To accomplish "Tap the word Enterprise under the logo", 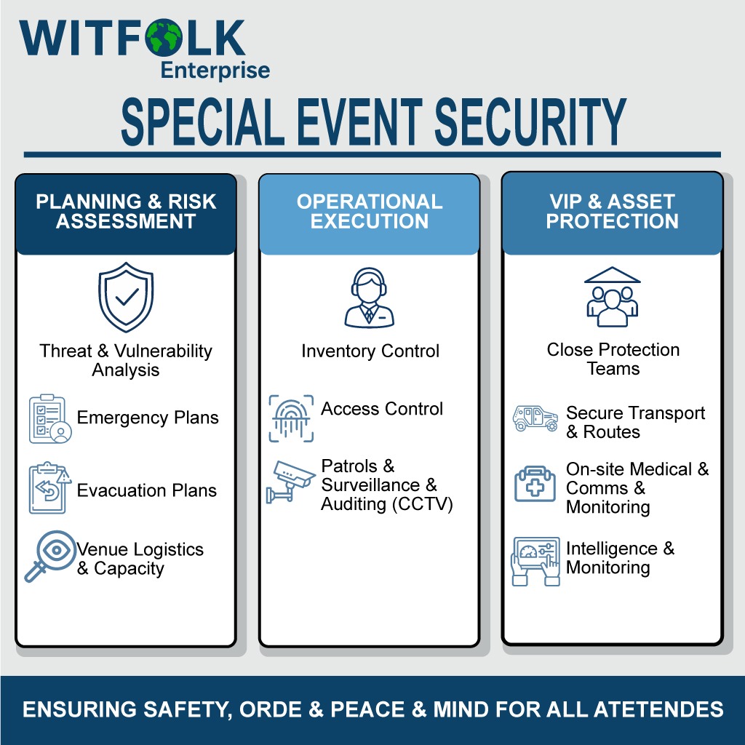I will click(x=215, y=71).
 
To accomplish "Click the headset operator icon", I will click(x=369, y=297).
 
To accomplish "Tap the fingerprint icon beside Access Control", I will click(x=291, y=418).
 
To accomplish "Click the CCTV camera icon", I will click(x=290, y=481).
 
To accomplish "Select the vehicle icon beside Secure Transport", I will click(x=535, y=419).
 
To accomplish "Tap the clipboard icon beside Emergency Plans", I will click(x=50, y=419).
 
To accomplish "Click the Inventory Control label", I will click(x=370, y=351).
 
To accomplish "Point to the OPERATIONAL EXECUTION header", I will click(x=370, y=212).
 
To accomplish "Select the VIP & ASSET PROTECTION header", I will click(x=612, y=212).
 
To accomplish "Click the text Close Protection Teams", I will click(x=613, y=359).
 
